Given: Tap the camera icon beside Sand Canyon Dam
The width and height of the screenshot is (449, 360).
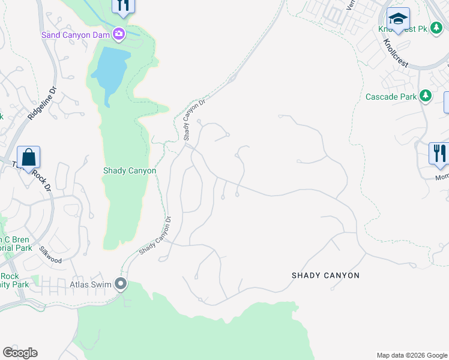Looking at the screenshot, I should [119, 34].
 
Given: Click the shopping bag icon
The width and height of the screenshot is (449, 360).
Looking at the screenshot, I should [28, 158].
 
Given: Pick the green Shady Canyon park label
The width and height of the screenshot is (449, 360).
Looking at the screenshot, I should [130, 171].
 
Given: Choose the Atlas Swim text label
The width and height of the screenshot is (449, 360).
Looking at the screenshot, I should [92, 284].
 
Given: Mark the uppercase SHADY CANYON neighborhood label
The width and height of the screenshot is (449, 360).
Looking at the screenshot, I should [325, 275].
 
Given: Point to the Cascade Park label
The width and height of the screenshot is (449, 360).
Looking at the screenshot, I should [391, 97].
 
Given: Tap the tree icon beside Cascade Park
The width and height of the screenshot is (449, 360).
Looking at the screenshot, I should [426, 95].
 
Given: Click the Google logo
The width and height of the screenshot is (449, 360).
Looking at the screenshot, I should [20, 353].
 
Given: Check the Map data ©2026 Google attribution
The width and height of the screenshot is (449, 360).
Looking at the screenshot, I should [411, 355].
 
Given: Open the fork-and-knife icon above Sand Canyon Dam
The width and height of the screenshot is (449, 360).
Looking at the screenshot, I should [123, 5].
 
